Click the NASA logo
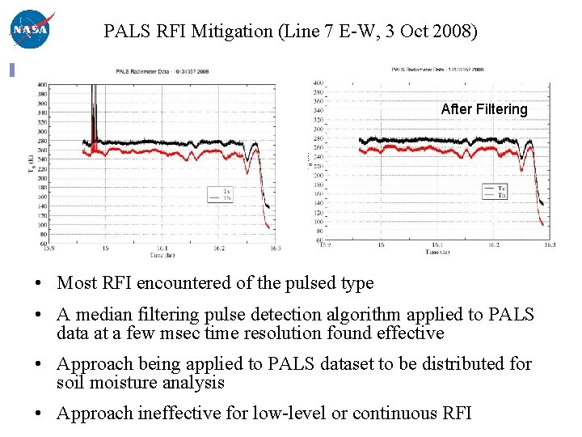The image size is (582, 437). [x=29, y=29]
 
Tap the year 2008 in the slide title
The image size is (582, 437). [x=457, y=32]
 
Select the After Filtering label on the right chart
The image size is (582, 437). [x=483, y=109]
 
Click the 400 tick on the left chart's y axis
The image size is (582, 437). [x=41, y=84]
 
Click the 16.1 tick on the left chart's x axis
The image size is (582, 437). [x=162, y=248]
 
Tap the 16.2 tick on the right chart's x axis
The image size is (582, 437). [x=494, y=245]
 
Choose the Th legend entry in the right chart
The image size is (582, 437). [x=501, y=194]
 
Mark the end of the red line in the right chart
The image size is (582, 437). [x=542, y=224]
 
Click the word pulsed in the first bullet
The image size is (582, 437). [x=296, y=283]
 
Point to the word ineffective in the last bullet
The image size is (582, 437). [x=183, y=414]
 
